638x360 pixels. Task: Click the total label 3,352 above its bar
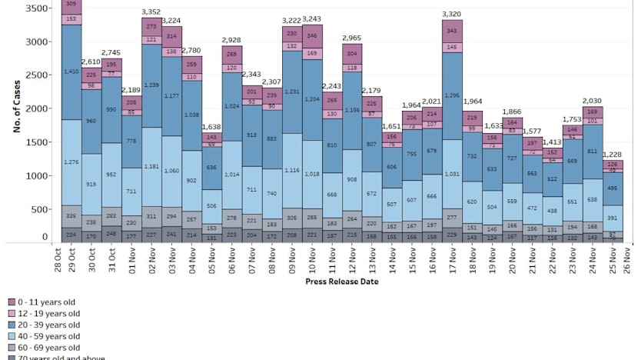pyautogui.click(x=151, y=12)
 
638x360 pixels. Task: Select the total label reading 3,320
pyautogui.click(x=452, y=14)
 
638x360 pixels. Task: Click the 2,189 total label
pyautogui.click(x=131, y=90)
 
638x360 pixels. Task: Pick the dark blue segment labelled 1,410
pyautogui.click(x=71, y=72)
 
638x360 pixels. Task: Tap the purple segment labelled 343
pyautogui.click(x=452, y=31)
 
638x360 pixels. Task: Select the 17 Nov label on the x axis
pyautogui.click(x=452, y=260)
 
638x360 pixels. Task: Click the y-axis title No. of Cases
pyautogui.click(x=15, y=112)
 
